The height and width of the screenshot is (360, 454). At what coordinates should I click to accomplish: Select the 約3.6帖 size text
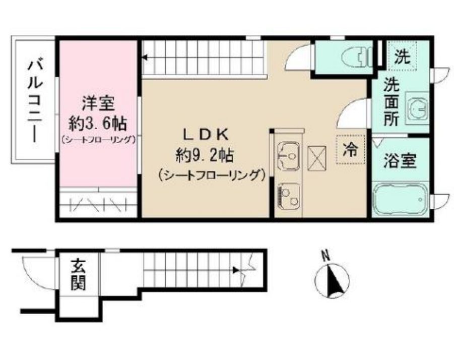coord(98,123)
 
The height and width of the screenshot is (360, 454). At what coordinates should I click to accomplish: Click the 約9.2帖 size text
coord(205,155)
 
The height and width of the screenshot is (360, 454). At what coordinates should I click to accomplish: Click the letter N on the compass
coord(326,256)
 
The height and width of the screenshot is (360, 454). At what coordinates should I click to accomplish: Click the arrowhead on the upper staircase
coord(145,57)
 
